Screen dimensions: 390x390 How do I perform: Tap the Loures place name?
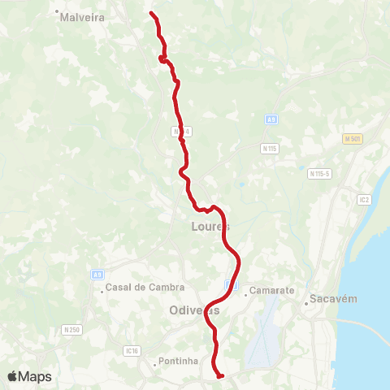[210, 226]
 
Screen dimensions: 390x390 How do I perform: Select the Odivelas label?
[195, 310]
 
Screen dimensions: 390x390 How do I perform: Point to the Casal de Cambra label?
[145, 287]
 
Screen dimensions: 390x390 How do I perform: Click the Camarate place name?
[266, 288]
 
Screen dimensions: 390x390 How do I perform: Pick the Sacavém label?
[333, 301]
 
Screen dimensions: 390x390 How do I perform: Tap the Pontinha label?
[181, 360]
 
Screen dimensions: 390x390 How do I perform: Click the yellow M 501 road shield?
[351, 139]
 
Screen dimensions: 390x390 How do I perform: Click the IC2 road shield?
[363, 197]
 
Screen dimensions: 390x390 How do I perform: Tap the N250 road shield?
[71, 329]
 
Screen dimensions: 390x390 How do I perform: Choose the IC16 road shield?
[132, 351]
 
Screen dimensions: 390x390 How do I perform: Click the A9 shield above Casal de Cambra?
[97, 275]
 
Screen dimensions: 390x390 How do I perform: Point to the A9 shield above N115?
[271, 119]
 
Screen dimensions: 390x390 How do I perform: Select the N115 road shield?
[270, 148]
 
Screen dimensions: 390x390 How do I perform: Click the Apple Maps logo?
[29, 376]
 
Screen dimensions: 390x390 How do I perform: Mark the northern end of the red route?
[152, 13]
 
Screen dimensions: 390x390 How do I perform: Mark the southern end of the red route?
[221, 375]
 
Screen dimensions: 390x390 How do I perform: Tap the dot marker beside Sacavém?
[306, 302]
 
